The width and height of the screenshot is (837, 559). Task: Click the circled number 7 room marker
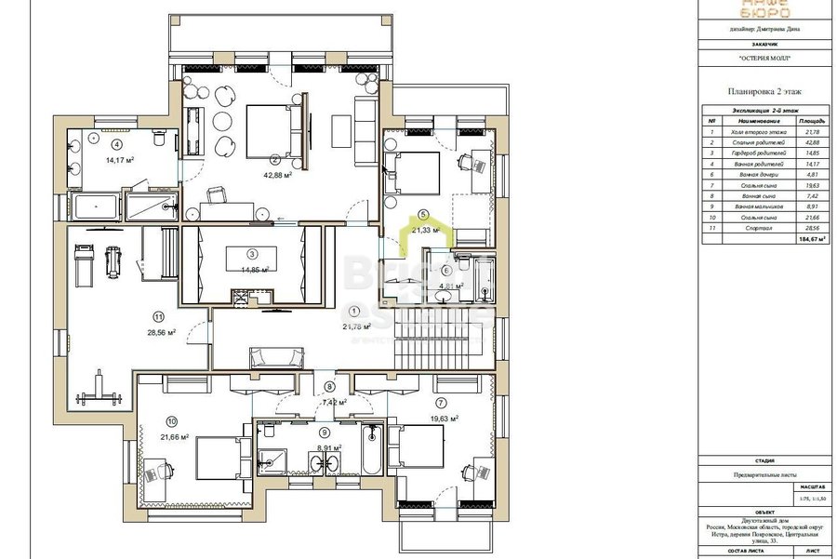coord(441,403)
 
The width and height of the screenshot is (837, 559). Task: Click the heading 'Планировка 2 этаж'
coord(763,91)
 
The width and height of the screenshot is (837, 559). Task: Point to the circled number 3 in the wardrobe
coord(251,252)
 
